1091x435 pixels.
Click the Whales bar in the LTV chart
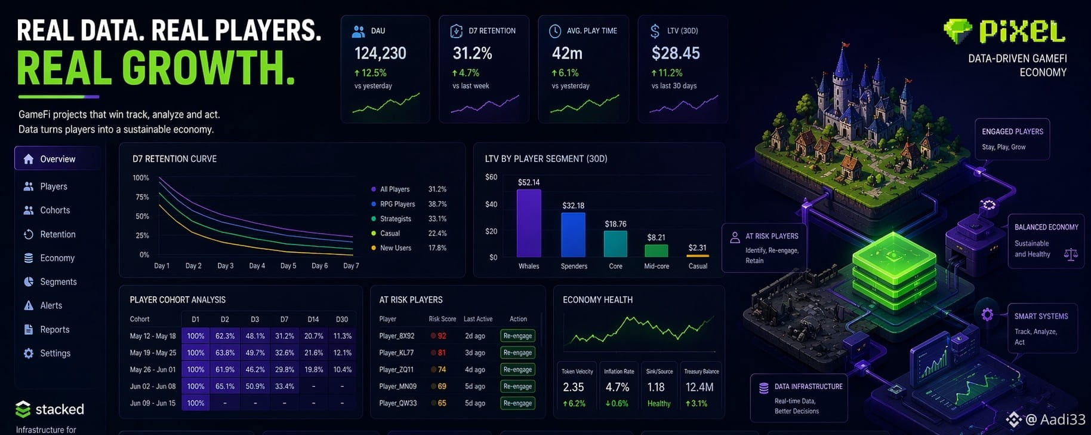pos(529,223)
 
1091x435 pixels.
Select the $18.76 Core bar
pos(615,243)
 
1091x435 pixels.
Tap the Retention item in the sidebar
pos(57,234)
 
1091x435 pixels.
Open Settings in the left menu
pos(55,353)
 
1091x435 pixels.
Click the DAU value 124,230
pos(380,54)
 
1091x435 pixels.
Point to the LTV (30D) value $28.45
pos(676,54)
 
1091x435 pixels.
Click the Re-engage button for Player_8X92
pos(517,336)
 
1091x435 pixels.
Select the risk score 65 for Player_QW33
pos(442,403)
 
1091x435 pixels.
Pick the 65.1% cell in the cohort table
pos(225,387)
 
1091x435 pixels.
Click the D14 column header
pos(313,319)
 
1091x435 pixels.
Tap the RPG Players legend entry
pos(397,204)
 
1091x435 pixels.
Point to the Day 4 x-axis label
pos(257,266)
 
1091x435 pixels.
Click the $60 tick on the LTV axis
pos(491,177)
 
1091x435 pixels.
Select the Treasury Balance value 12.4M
pos(699,387)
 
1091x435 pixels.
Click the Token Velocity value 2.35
pos(574,387)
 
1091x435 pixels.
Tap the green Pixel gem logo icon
pos(957,31)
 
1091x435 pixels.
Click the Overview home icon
pos(28,159)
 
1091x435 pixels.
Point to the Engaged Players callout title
pos(1012,131)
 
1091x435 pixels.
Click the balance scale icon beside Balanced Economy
pos(1071,255)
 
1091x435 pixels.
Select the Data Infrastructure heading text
pos(808,387)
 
